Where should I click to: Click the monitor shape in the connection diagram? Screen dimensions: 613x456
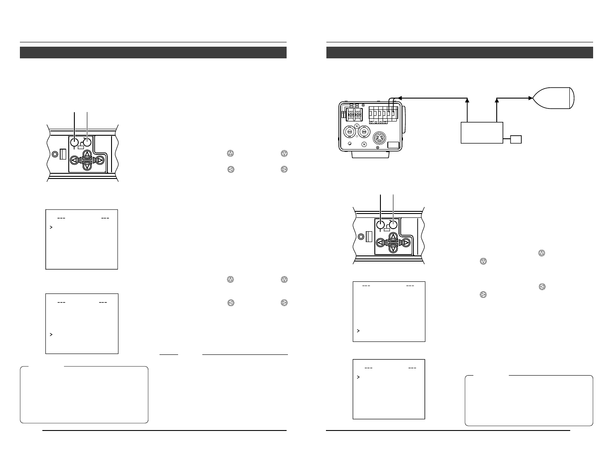[x=555, y=98]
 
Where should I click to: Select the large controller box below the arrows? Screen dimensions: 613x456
[x=482, y=132]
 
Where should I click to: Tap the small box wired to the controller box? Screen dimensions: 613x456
[x=516, y=139]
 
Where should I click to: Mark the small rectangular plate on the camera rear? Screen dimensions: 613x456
[x=393, y=146]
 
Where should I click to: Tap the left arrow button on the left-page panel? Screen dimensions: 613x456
[x=74, y=160]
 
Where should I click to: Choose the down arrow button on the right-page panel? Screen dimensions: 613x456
[x=393, y=248]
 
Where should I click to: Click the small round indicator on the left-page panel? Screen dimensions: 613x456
[x=54, y=153]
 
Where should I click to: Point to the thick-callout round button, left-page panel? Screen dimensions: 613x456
[x=75, y=142]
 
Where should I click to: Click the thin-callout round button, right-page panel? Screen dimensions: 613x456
[x=393, y=225]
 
